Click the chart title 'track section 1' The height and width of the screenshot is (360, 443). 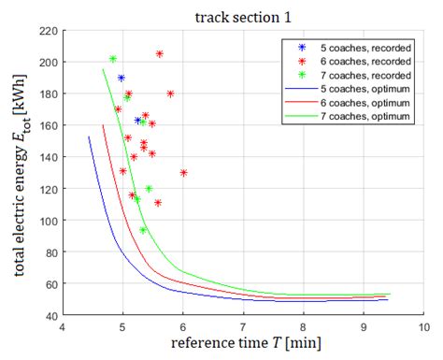click(x=241, y=16)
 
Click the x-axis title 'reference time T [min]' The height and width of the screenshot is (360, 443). click(x=242, y=346)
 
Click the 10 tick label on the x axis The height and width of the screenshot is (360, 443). click(x=422, y=327)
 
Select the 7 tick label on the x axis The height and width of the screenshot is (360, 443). click(x=242, y=327)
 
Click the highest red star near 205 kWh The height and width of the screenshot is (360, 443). click(x=160, y=54)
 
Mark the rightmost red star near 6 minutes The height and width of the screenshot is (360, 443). click(x=183, y=173)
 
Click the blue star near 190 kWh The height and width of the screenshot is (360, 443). click(x=121, y=79)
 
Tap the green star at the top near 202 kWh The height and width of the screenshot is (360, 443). click(x=113, y=59)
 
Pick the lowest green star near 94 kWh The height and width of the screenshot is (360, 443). click(x=143, y=230)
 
